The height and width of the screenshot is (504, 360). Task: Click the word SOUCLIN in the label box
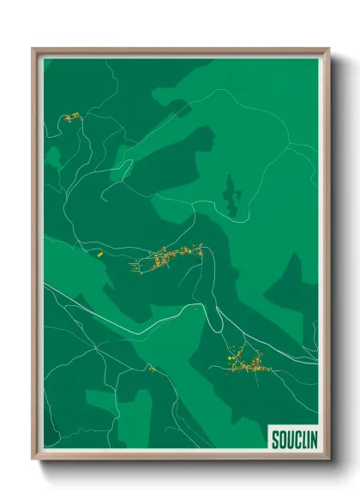292,440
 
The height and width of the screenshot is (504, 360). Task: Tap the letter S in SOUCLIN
275,440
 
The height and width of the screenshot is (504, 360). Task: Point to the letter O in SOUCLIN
281,440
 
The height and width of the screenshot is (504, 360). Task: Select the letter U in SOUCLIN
287,440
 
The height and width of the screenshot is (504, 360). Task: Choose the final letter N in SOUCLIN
309,440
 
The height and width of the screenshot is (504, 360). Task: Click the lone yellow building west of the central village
99,254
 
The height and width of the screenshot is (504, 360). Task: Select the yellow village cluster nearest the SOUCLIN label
245,363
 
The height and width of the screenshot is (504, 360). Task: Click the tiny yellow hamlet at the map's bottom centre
151,369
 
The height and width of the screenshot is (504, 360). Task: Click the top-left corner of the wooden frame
33,49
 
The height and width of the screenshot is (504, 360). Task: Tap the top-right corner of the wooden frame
329,49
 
